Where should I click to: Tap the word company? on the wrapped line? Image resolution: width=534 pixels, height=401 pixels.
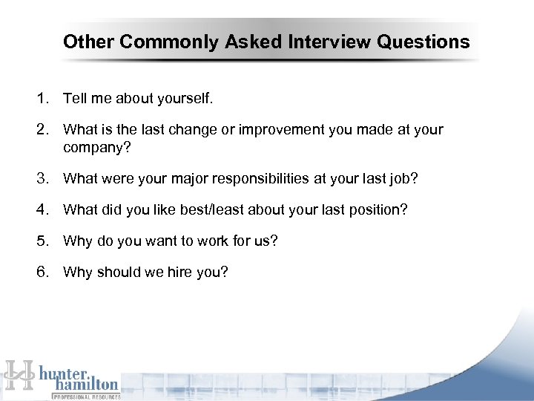[96, 147]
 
